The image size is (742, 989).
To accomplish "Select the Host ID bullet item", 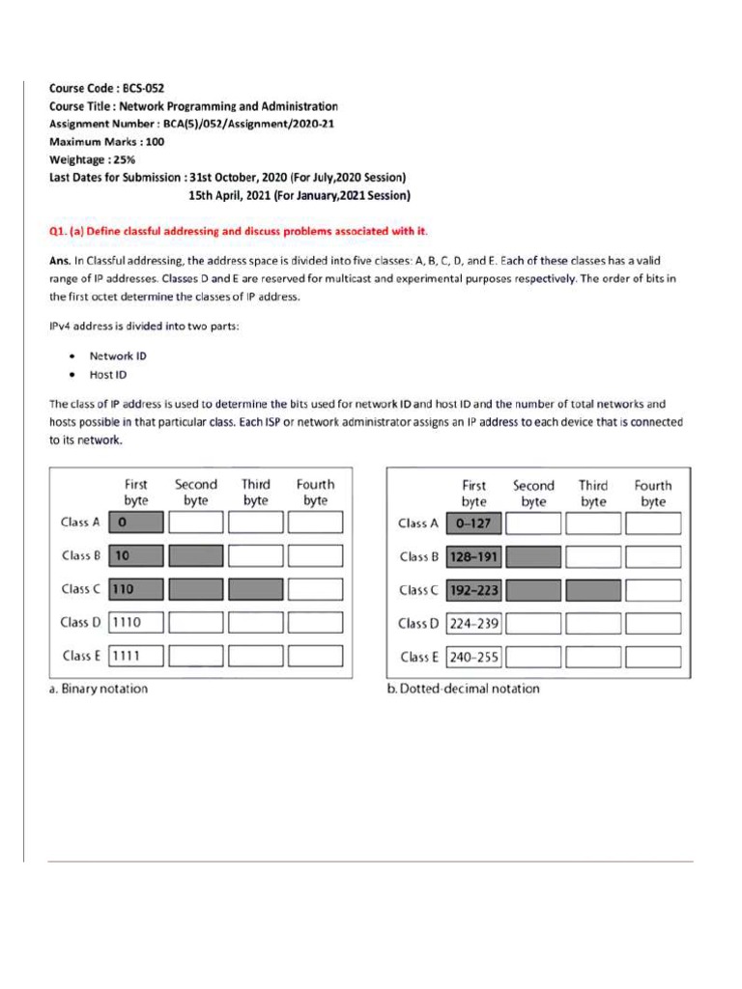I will [107, 375].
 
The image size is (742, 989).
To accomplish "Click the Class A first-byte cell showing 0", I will [137, 523].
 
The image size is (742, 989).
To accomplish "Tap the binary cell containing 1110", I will [137, 622].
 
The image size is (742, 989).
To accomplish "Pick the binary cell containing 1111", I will [137, 656].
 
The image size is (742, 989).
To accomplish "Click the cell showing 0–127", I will [473, 523].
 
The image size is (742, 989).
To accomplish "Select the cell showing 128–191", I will [473, 557].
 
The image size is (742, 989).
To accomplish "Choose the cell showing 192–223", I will [473, 590].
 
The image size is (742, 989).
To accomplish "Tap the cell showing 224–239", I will [473, 623].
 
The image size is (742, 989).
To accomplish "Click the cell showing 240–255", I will [473, 657].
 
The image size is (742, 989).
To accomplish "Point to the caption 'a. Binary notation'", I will [99, 690].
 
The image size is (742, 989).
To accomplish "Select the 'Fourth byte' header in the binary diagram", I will [315, 492].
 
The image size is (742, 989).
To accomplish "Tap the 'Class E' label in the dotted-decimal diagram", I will [419, 657].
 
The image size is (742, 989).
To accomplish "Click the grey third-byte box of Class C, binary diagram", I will [256, 588].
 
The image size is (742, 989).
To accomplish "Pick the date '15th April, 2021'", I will [234, 195].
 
